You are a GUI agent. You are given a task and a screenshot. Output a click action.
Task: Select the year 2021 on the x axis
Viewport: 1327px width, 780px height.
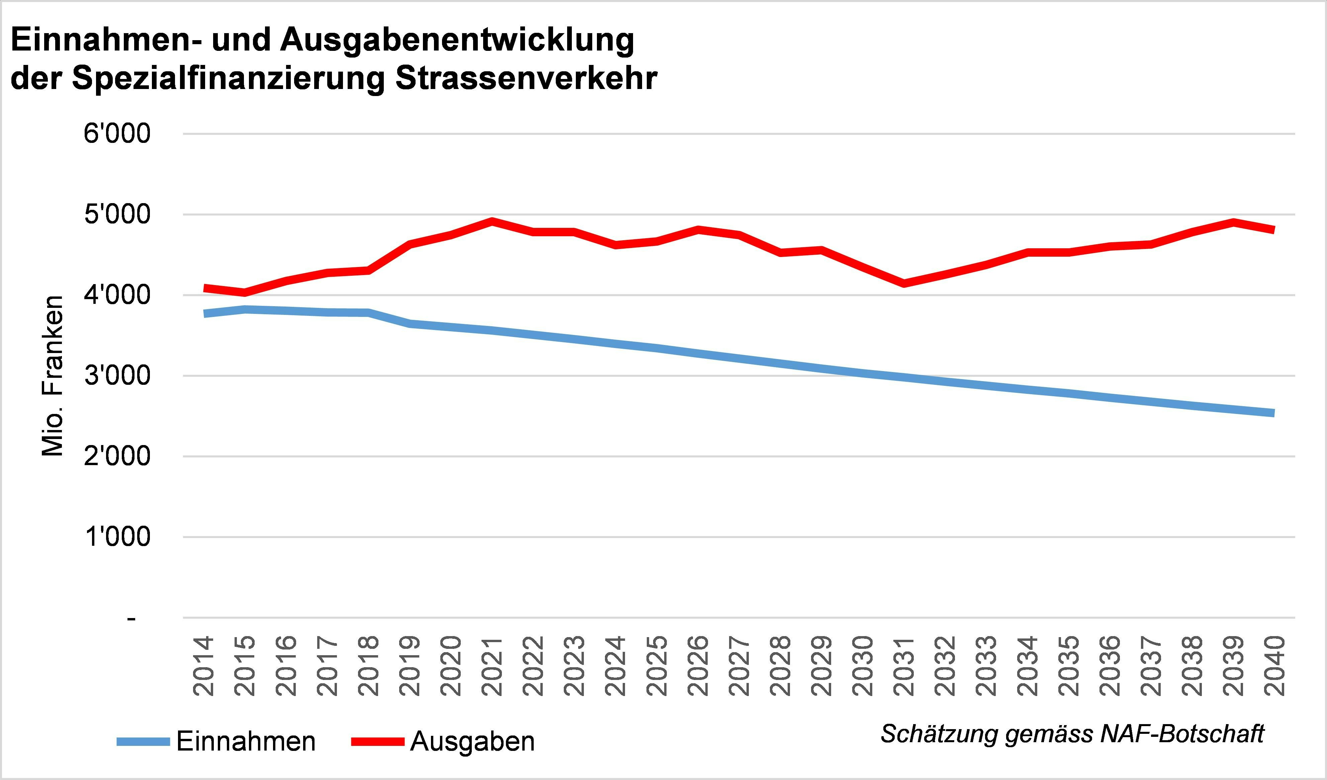coord(492,666)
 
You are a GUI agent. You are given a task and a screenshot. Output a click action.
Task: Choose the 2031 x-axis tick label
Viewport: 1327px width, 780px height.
coord(904,666)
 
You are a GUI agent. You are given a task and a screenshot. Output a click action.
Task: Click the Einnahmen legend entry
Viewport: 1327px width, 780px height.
coord(245,742)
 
